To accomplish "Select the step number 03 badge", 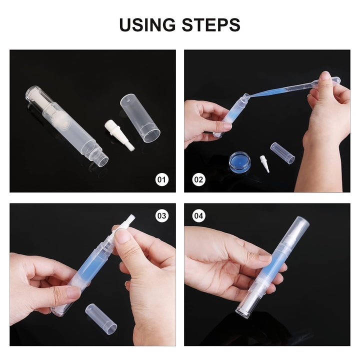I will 162,216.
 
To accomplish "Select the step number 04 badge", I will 199,216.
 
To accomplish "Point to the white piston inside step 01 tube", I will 40,100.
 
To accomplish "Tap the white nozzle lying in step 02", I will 264,163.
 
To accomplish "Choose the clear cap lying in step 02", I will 282,153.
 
